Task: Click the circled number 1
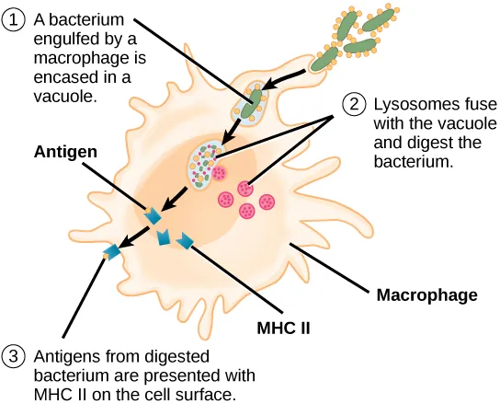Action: [x=17, y=18]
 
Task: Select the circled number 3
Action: [x=17, y=358]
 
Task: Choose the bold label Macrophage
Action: [x=427, y=295]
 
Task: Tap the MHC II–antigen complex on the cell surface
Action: [x=113, y=250]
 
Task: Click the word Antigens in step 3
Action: [x=65, y=357]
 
